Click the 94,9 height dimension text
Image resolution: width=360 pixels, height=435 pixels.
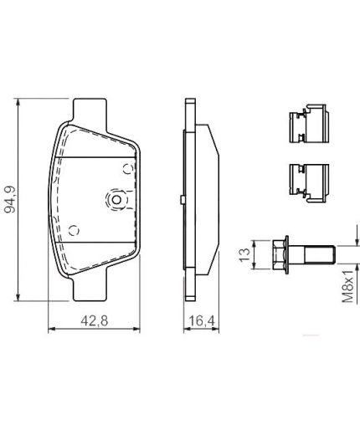click(11, 199)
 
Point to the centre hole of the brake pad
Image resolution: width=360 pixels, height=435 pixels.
click(116, 200)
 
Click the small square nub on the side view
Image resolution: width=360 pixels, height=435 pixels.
click(182, 200)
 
